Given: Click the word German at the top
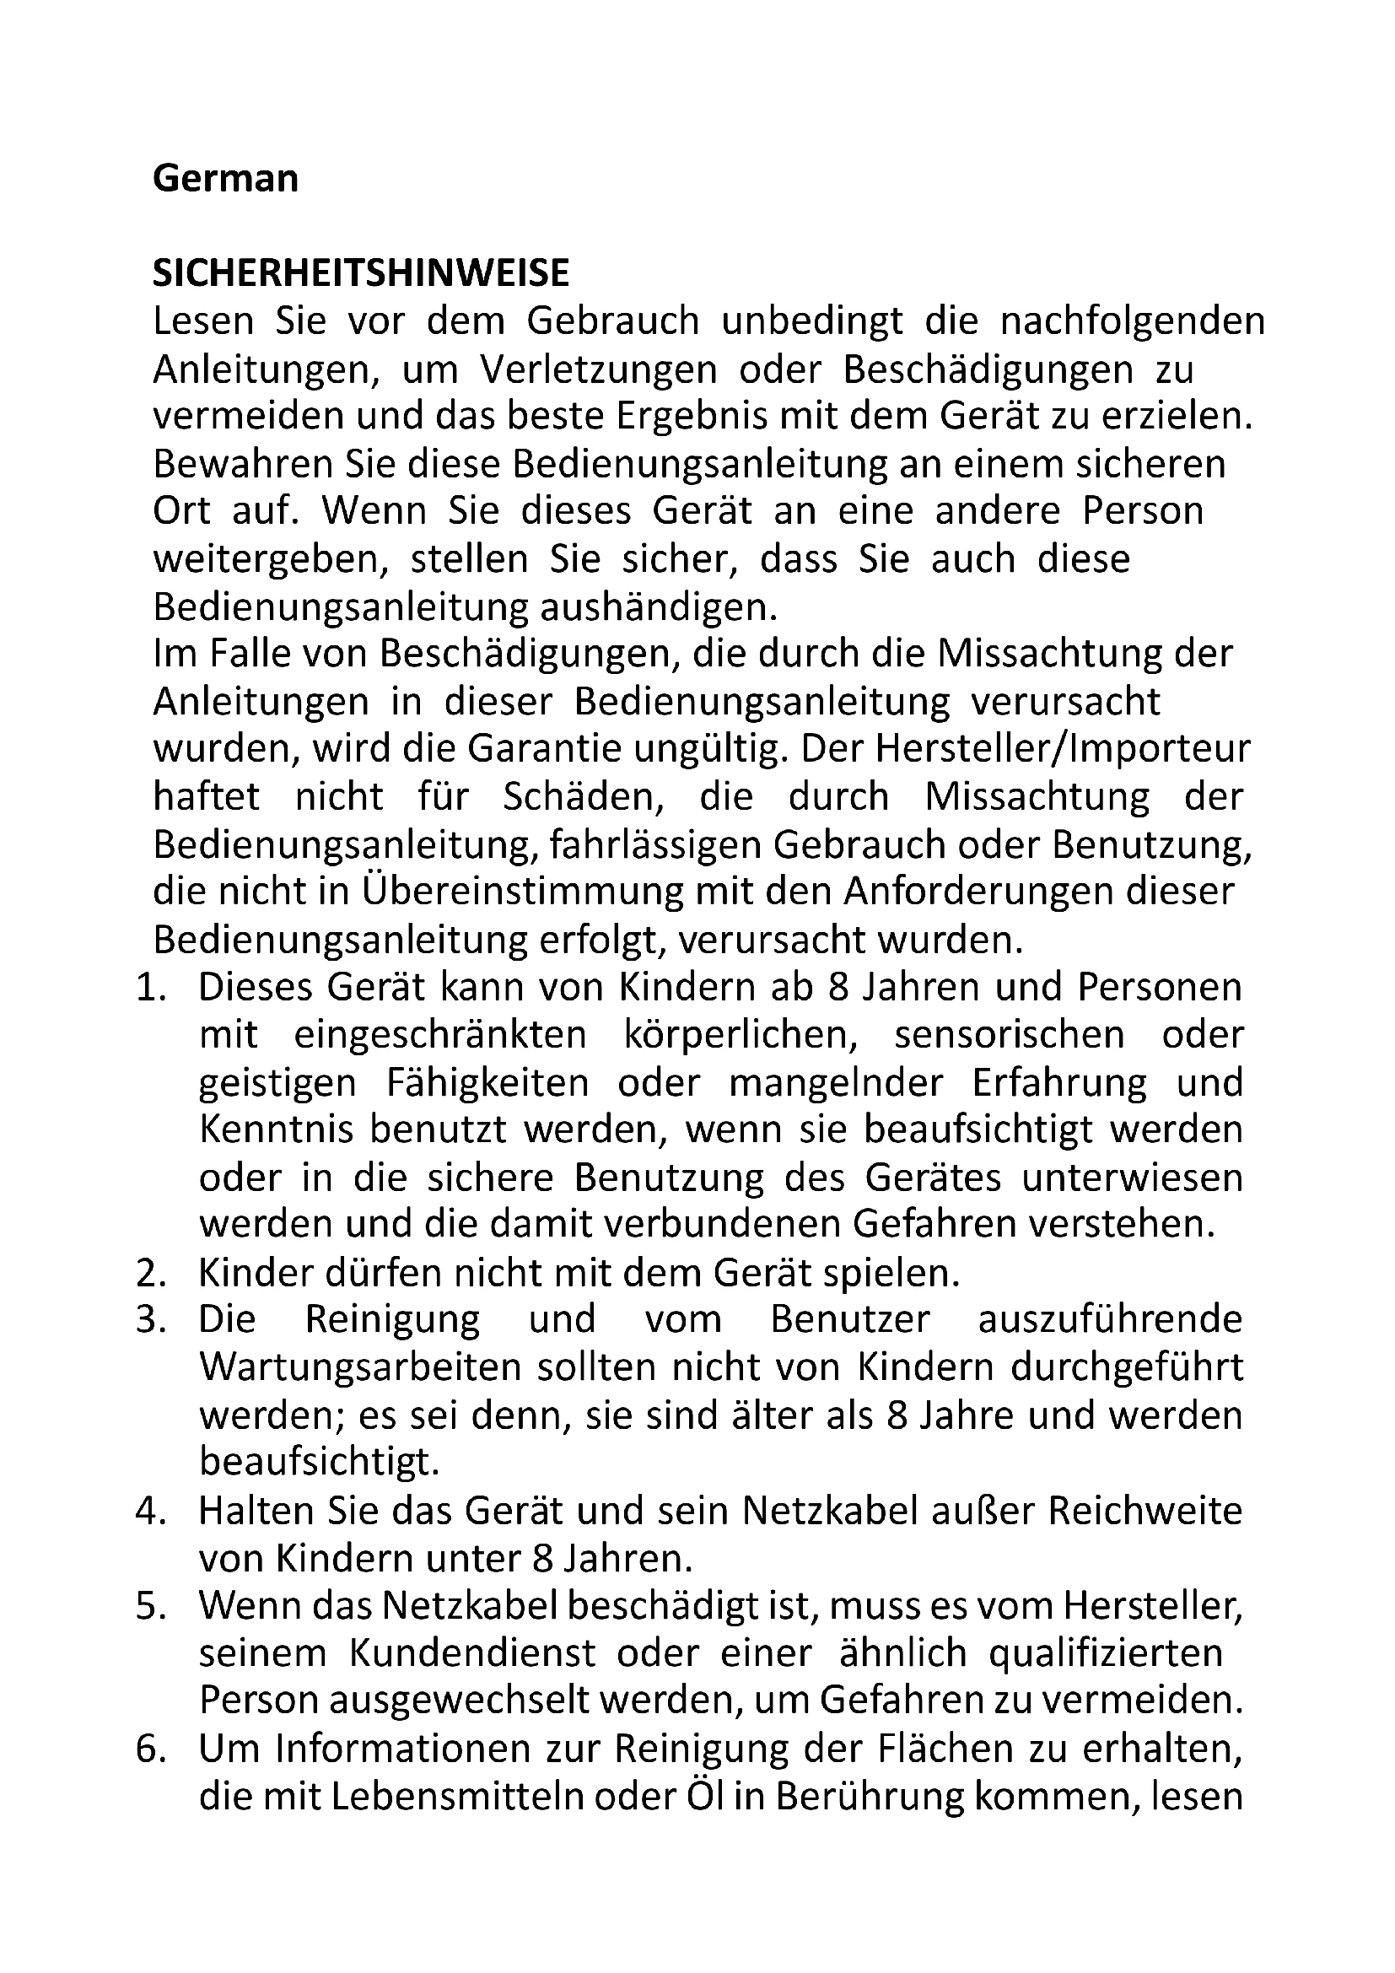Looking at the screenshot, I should (225, 179).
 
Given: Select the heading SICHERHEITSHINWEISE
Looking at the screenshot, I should (361, 273).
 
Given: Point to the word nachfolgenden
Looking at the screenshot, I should (1132, 321).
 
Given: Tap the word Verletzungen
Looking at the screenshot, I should (598, 369).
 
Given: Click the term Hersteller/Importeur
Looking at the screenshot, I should (1063, 749).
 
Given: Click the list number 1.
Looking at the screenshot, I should (150, 988).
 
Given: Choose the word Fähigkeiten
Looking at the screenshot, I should (487, 1083).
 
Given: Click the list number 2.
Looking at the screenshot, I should (150, 1274).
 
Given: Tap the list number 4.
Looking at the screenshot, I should (150, 1512).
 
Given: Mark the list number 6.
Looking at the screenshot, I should (150, 1749).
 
